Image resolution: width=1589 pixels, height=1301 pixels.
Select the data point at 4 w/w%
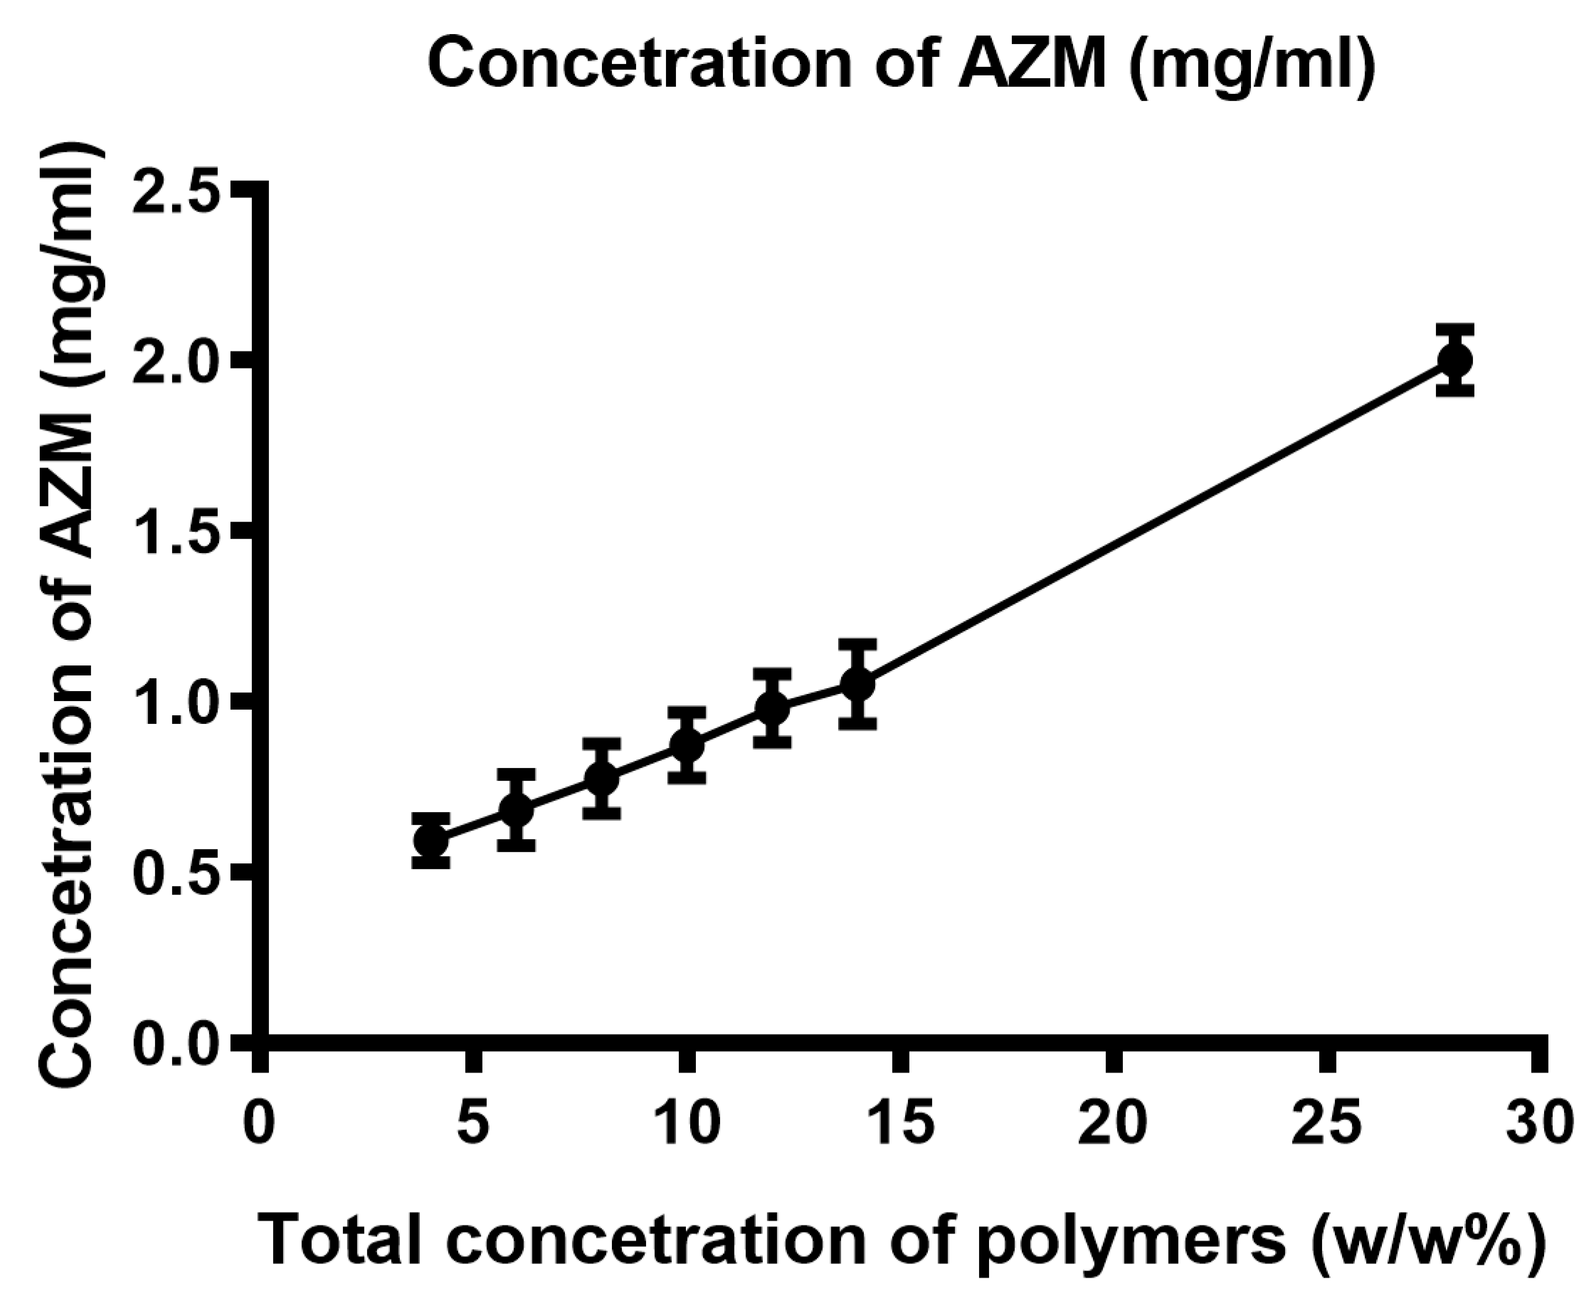click(431, 840)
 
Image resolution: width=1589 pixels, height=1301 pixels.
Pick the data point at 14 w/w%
click(857, 683)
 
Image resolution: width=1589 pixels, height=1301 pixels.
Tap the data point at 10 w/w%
click(686, 745)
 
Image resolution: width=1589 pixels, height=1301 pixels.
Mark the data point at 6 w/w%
click(516, 809)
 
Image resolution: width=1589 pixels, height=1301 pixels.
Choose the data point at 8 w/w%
click(601, 778)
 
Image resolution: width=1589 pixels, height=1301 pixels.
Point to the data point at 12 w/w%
click(772, 707)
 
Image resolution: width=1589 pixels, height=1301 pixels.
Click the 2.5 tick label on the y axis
click(176, 196)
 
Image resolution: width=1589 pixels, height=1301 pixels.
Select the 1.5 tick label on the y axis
click(176, 537)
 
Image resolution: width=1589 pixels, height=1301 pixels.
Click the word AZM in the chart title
click(1033, 65)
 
